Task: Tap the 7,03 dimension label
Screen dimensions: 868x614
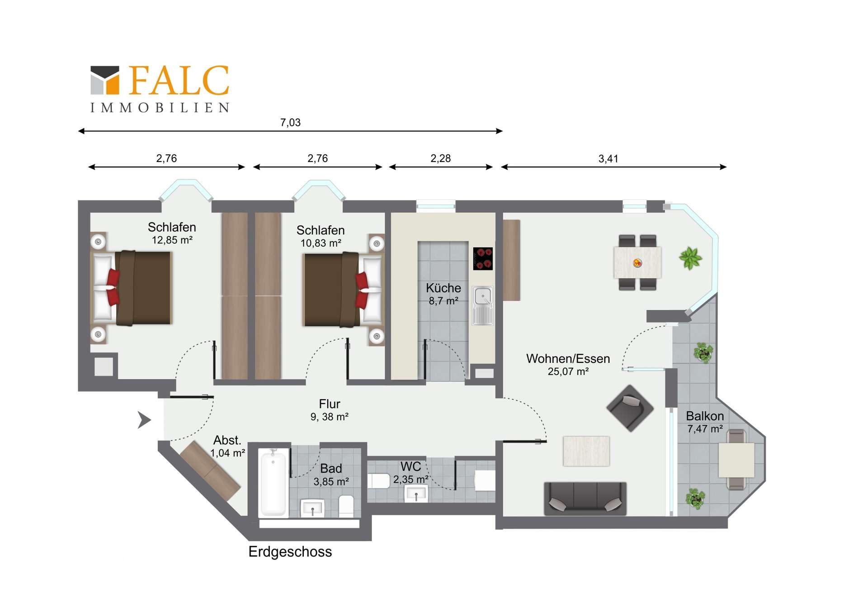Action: (290, 123)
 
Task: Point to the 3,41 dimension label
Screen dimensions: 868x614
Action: (608, 159)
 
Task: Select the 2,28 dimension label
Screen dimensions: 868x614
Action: (440, 158)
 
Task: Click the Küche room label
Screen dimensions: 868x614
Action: (443, 288)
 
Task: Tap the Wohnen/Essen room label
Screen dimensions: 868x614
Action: (568, 359)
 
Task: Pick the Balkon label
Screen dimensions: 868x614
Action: (705, 416)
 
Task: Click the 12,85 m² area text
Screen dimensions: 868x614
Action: (172, 240)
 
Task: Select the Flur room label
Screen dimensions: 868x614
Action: (330, 404)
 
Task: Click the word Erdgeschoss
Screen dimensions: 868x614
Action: (290, 552)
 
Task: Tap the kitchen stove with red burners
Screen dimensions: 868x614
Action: (483, 258)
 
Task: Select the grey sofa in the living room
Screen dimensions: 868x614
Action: (585, 499)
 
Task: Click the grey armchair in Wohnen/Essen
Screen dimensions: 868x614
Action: (630, 408)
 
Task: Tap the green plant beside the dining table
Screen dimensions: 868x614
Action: (690, 258)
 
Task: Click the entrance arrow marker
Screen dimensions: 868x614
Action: (144, 420)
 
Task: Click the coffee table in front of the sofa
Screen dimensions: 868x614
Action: (586, 451)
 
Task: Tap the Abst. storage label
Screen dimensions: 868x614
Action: (227, 440)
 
